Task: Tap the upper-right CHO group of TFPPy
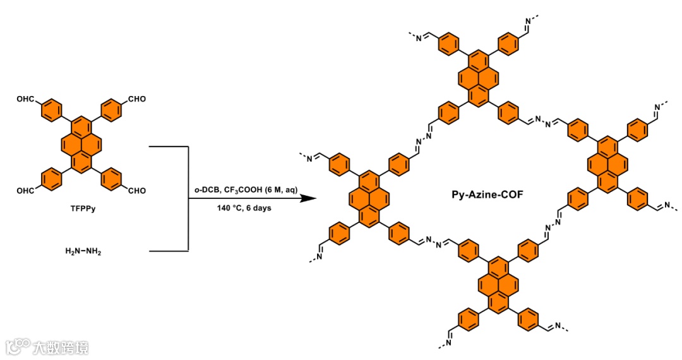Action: point(138,99)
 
